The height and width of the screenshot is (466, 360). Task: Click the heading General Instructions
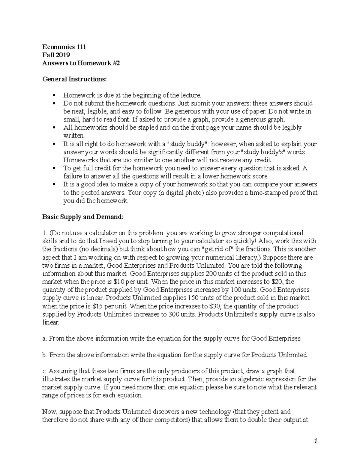point(74,79)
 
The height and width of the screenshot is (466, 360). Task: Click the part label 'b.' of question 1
point(45,355)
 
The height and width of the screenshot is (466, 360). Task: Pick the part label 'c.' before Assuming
point(45,371)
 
